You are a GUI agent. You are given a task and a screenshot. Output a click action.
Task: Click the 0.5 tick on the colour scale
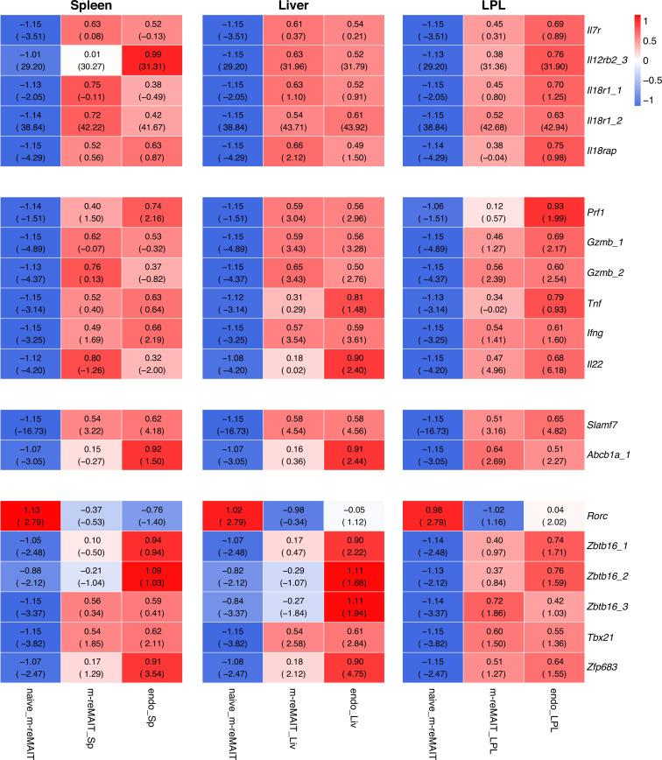point(649,40)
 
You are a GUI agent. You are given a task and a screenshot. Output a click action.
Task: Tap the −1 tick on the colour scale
point(649,101)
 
